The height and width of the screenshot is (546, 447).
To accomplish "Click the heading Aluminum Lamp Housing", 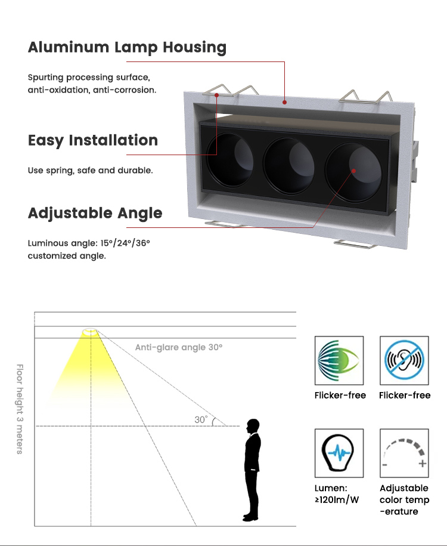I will click(127, 48).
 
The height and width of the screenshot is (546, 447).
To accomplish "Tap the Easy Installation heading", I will click(93, 141).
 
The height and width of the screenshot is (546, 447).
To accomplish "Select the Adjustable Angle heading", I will click(95, 213).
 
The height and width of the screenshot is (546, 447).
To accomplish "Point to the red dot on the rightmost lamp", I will click(353, 171).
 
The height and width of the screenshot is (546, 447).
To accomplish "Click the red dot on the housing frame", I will click(285, 103).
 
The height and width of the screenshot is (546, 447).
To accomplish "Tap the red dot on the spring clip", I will click(218, 94).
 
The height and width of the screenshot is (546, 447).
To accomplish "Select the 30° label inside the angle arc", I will click(201, 420).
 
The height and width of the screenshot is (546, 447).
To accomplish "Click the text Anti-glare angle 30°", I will click(178, 347).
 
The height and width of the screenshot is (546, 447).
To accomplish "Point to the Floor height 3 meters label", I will click(19, 409).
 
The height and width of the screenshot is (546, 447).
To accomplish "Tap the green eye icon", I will click(339, 360).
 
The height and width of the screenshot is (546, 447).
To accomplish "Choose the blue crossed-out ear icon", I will click(404, 360).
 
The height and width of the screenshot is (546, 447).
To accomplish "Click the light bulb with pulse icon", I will click(339, 453).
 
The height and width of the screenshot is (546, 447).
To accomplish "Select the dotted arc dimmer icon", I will click(404, 453).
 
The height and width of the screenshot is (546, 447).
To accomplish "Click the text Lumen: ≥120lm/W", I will click(337, 494).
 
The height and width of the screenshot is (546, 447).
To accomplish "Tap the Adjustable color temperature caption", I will click(404, 499).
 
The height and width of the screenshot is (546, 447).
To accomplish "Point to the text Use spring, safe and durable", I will click(91, 171).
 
